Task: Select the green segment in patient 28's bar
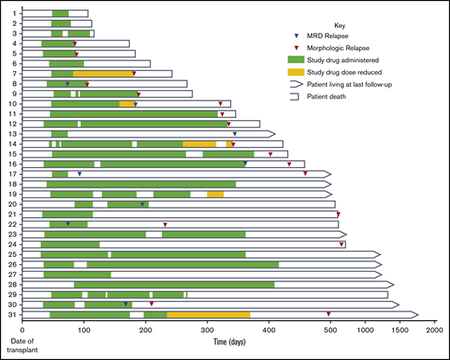[174, 284]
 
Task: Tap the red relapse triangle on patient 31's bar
[328, 314]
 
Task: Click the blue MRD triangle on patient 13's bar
[234, 134]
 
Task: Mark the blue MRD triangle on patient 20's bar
[142, 204]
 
